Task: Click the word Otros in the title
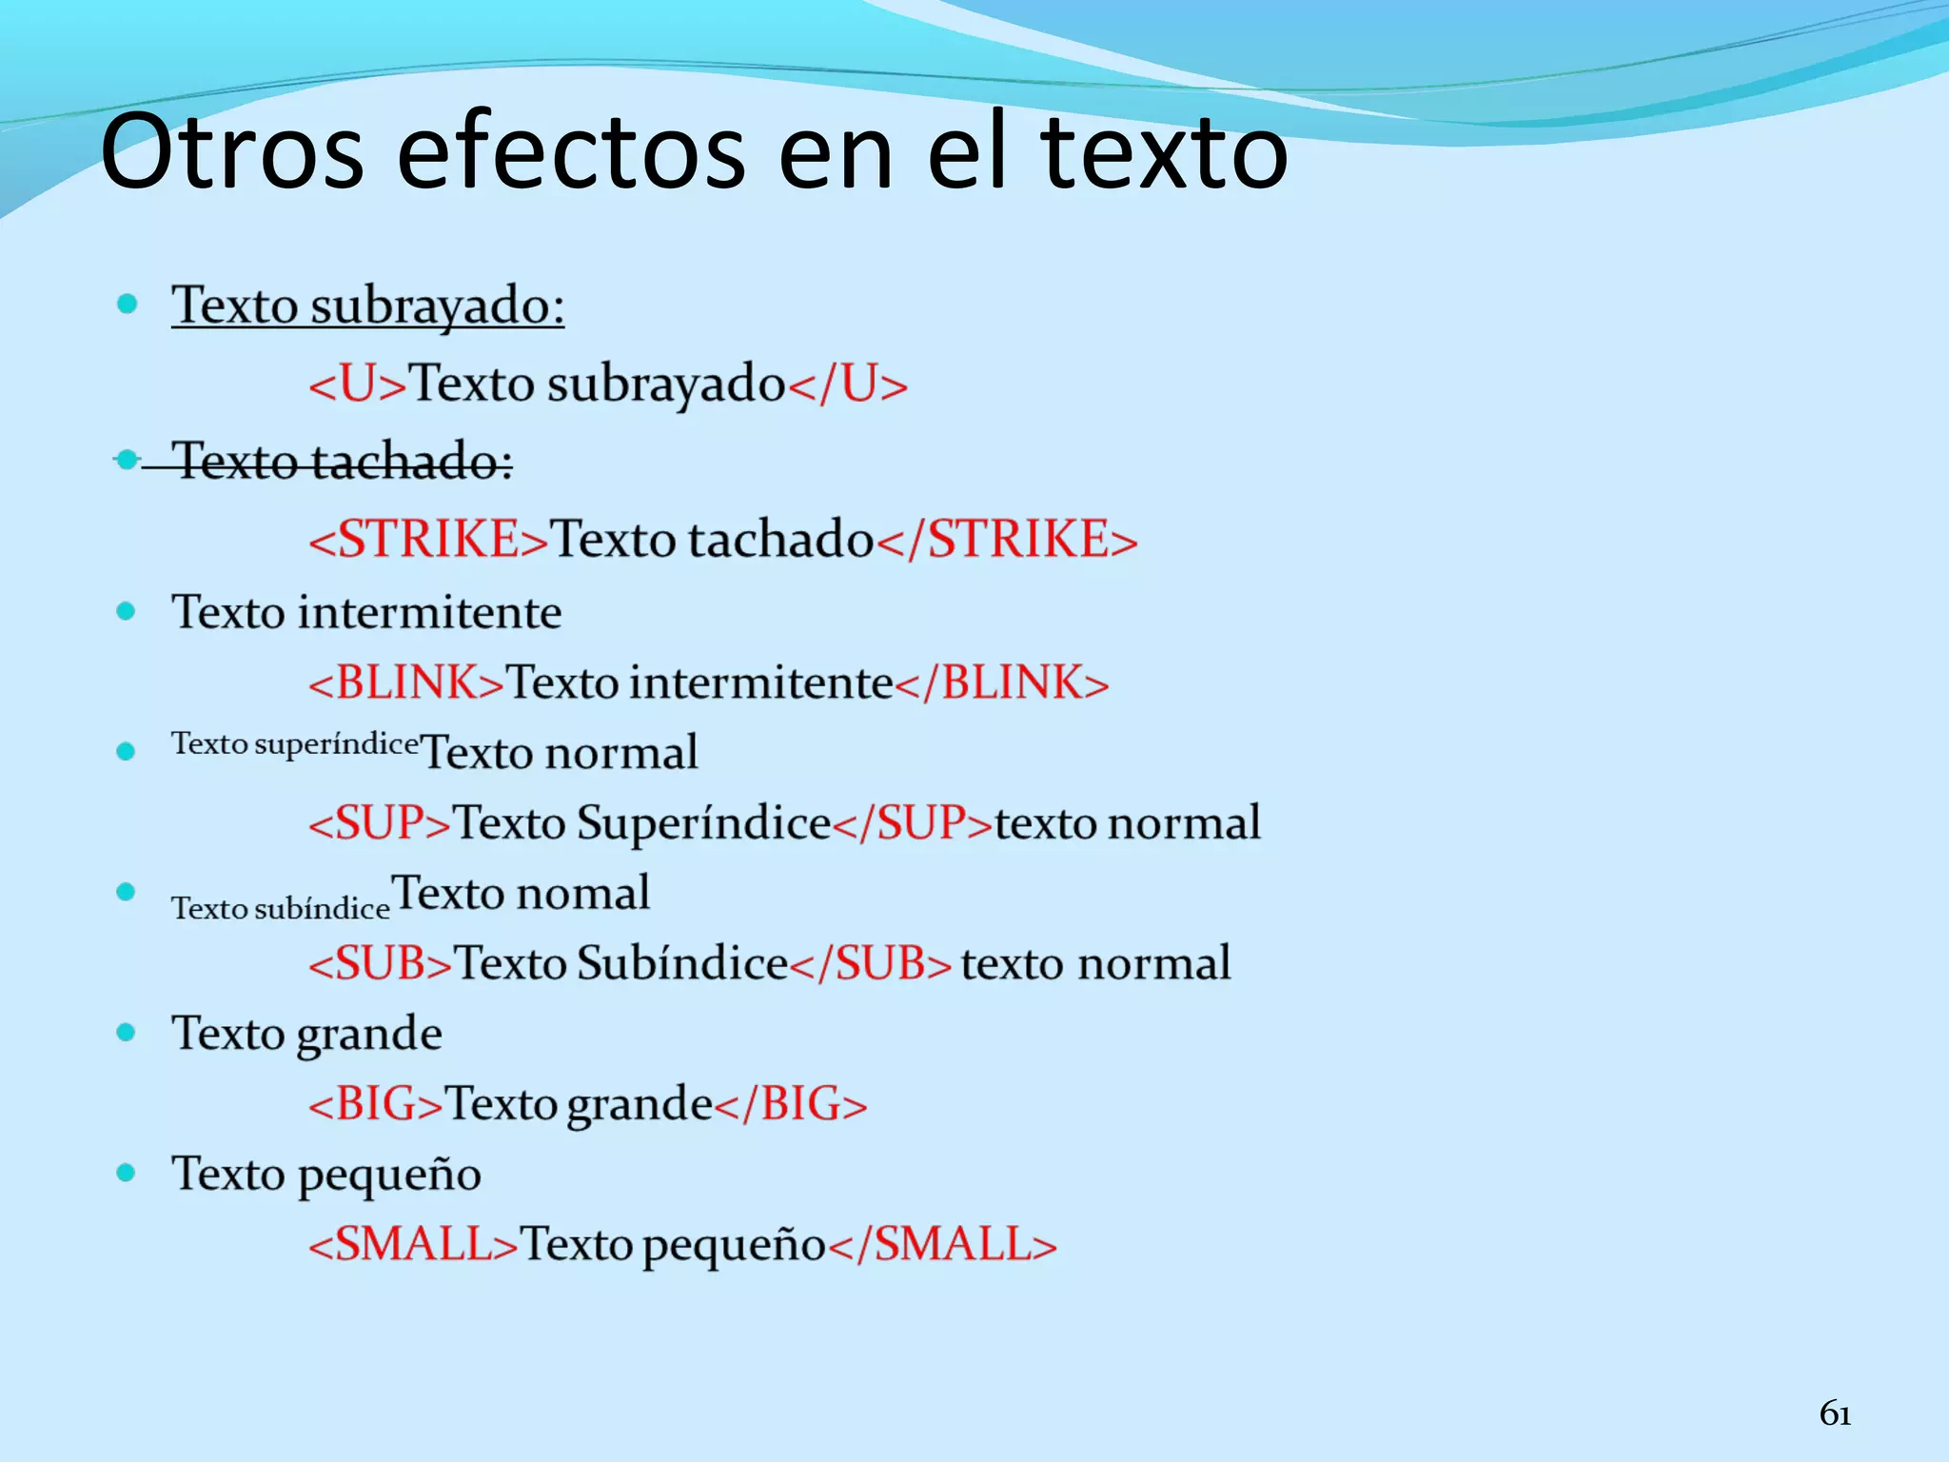click(x=232, y=152)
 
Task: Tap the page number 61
click(x=1835, y=1414)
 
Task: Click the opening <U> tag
click(x=358, y=385)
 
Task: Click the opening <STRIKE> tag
click(x=428, y=540)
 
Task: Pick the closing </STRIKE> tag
click(x=1007, y=540)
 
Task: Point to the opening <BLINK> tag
click(x=405, y=683)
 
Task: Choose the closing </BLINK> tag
click(x=1002, y=683)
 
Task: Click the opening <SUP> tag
click(x=379, y=823)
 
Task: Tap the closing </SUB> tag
click(x=871, y=963)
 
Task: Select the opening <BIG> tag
click(x=375, y=1104)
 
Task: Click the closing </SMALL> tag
click(x=943, y=1244)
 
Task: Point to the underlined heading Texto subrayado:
click(x=367, y=306)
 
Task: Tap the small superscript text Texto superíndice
click(x=295, y=744)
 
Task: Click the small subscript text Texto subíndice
click(x=281, y=908)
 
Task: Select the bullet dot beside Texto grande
click(x=126, y=1033)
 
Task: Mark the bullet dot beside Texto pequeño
click(x=126, y=1173)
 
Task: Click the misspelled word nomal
click(x=583, y=894)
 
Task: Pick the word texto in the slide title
click(x=1163, y=152)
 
